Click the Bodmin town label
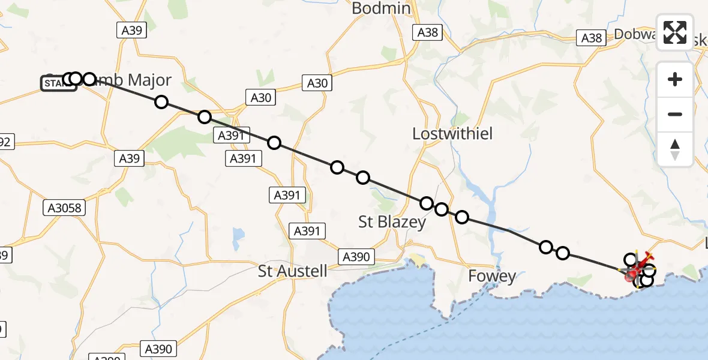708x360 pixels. (x=381, y=8)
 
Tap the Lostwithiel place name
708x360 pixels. (x=452, y=134)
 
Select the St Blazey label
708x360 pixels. (x=392, y=222)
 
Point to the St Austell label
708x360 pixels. (x=293, y=271)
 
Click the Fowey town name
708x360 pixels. (x=492, y=276)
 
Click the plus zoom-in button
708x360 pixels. (x=675, y=79)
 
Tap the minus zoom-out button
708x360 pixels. (x=675, y=114)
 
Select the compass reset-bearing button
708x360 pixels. (x=675, y=149)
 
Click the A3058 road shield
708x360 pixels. (x=65, y=208)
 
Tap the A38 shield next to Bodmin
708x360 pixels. (x=428, y=32)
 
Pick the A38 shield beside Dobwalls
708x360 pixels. (x=591, y=38)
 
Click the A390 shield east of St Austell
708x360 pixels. (x=356, y=257)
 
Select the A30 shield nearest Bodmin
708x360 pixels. (x=317, y=83)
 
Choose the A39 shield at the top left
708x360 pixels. (x=131, y=29)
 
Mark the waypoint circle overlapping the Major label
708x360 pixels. (x=89, y=79)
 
